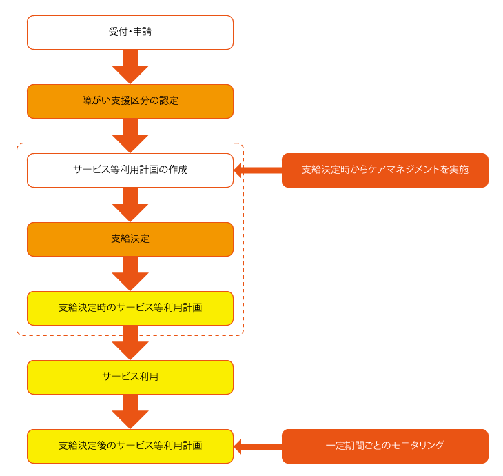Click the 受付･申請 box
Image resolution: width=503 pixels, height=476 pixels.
tap(130, 32)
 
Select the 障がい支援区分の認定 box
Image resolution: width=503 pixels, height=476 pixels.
tap(130, 101)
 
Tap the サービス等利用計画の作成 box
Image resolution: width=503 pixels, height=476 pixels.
tap(130, 170)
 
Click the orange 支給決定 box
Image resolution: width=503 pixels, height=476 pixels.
tap(130, 239)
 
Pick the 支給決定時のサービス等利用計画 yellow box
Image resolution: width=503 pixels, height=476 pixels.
tap(130, 308)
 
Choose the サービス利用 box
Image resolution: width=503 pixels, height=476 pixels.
tap(130, 377)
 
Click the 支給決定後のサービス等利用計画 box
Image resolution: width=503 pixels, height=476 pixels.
tap(130, 446)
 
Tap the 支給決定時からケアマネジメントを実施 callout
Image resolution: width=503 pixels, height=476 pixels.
tap(384, 170)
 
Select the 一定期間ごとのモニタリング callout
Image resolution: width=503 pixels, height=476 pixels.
tap(384, 446)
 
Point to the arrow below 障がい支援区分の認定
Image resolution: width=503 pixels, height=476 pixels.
tap(130, 135)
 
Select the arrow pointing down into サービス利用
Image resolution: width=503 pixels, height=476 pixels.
tap(130, 343)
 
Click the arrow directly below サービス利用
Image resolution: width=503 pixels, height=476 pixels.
tap(130, 412)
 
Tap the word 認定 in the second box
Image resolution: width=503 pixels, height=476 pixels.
tap(169, 101)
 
